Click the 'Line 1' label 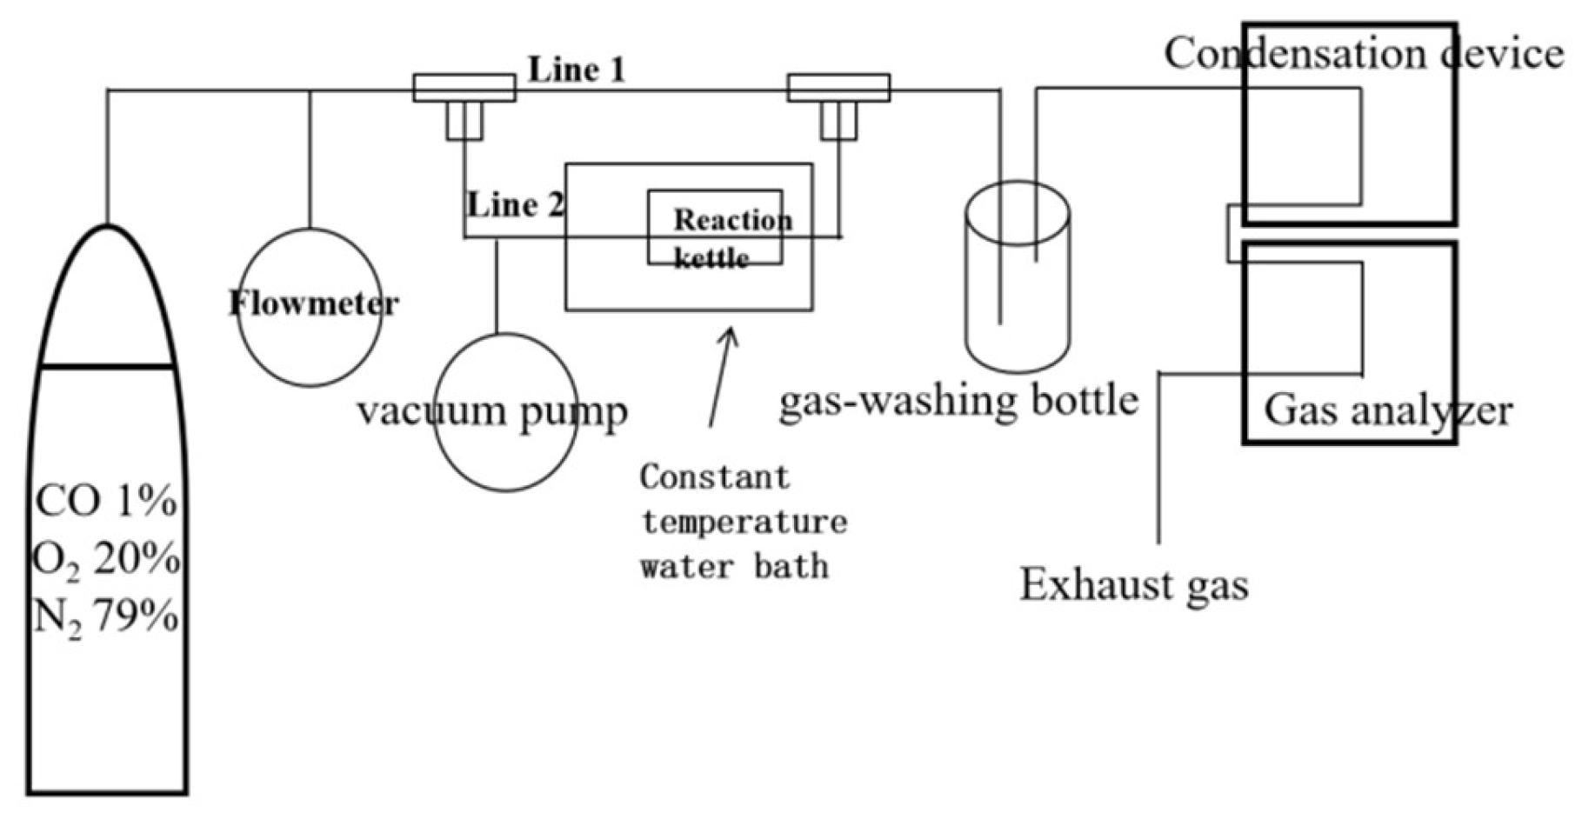577,70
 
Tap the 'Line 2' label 515,205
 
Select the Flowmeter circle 310,348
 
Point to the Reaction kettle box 715,228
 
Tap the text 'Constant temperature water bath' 742,522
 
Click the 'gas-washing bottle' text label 958,401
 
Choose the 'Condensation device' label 1362,54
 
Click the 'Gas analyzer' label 1387,410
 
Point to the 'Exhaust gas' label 1133,584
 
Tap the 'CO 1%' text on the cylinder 106,502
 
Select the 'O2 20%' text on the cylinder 106,559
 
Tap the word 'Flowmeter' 313,303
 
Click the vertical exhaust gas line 1159,461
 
